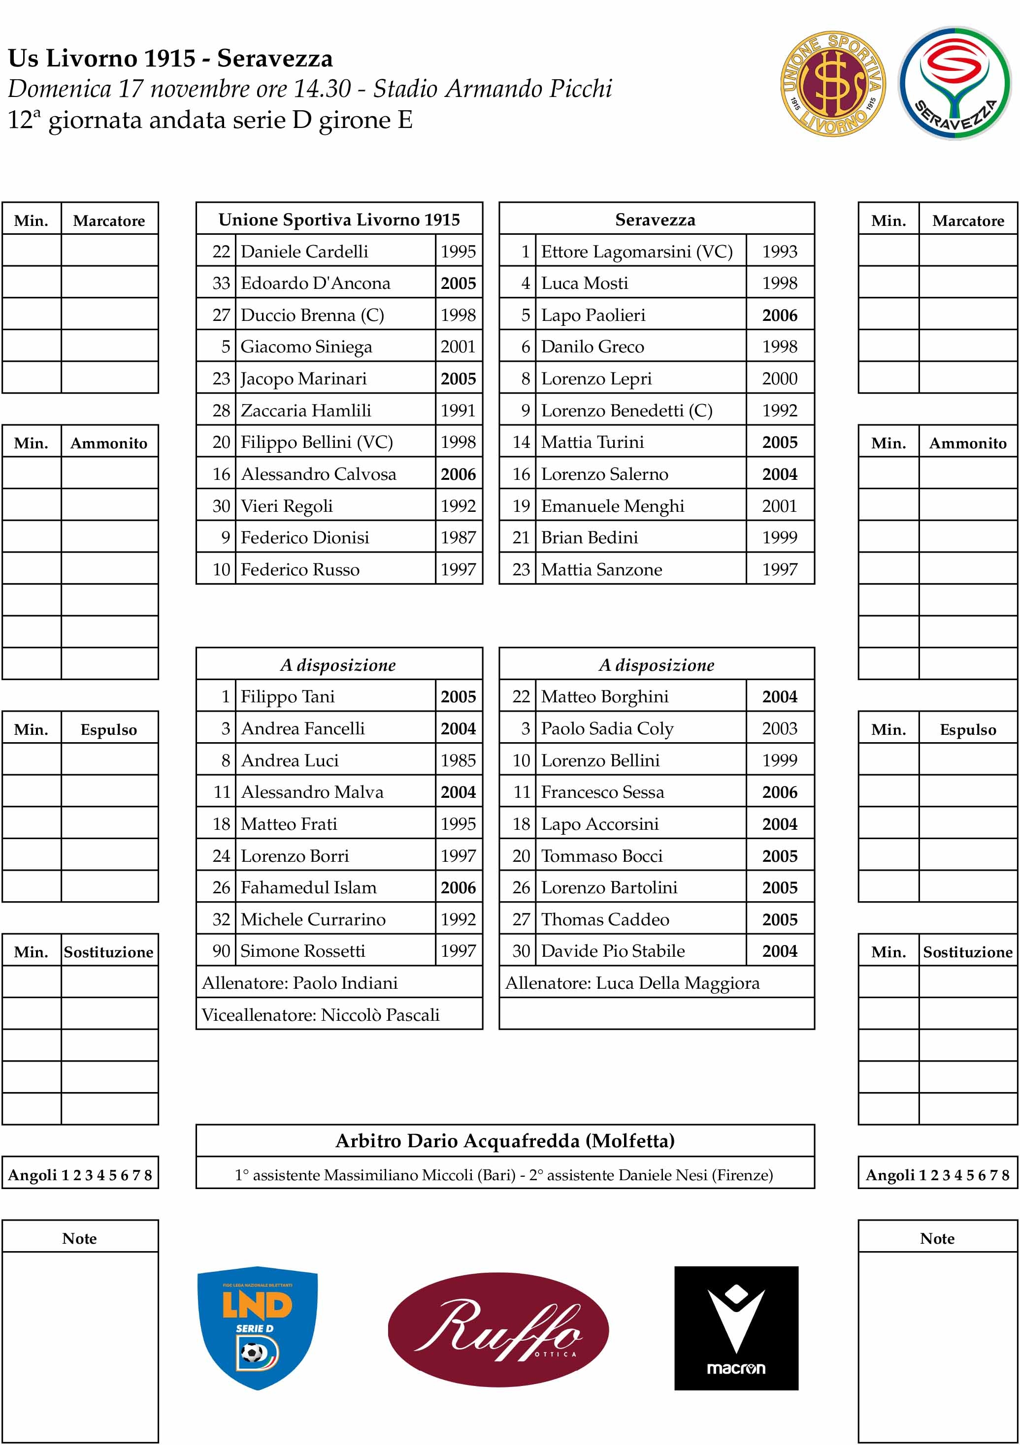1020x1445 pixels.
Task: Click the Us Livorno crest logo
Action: (832, 83)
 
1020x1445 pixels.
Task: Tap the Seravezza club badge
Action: (954, 83)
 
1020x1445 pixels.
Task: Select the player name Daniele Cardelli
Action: (304, 251)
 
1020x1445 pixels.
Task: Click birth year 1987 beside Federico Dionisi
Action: (458, 537)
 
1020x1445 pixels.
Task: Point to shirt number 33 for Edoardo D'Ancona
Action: (221, 283)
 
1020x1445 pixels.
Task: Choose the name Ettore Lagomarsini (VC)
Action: (636, 251)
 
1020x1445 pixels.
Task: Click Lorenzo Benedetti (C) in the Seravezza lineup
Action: (626, 410)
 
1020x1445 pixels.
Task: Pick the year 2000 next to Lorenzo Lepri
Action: (780, 378)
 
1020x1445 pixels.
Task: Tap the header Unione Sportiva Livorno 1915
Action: (339, 219)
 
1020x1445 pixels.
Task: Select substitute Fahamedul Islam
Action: (308, 887)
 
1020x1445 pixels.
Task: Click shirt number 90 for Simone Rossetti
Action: (221, 951)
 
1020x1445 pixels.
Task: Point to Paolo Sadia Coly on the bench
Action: (607, 728)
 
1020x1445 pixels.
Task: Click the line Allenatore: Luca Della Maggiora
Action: (632, 983)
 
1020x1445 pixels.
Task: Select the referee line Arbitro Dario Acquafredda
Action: (504, 1140)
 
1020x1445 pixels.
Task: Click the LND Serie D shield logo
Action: (258, 1327)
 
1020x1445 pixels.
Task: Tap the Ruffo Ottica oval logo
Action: (498, 1330)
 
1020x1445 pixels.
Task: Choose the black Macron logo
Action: (736, 1328)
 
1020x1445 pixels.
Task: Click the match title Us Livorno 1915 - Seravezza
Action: (170, 59)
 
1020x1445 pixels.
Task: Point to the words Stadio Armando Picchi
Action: (493, 89)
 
